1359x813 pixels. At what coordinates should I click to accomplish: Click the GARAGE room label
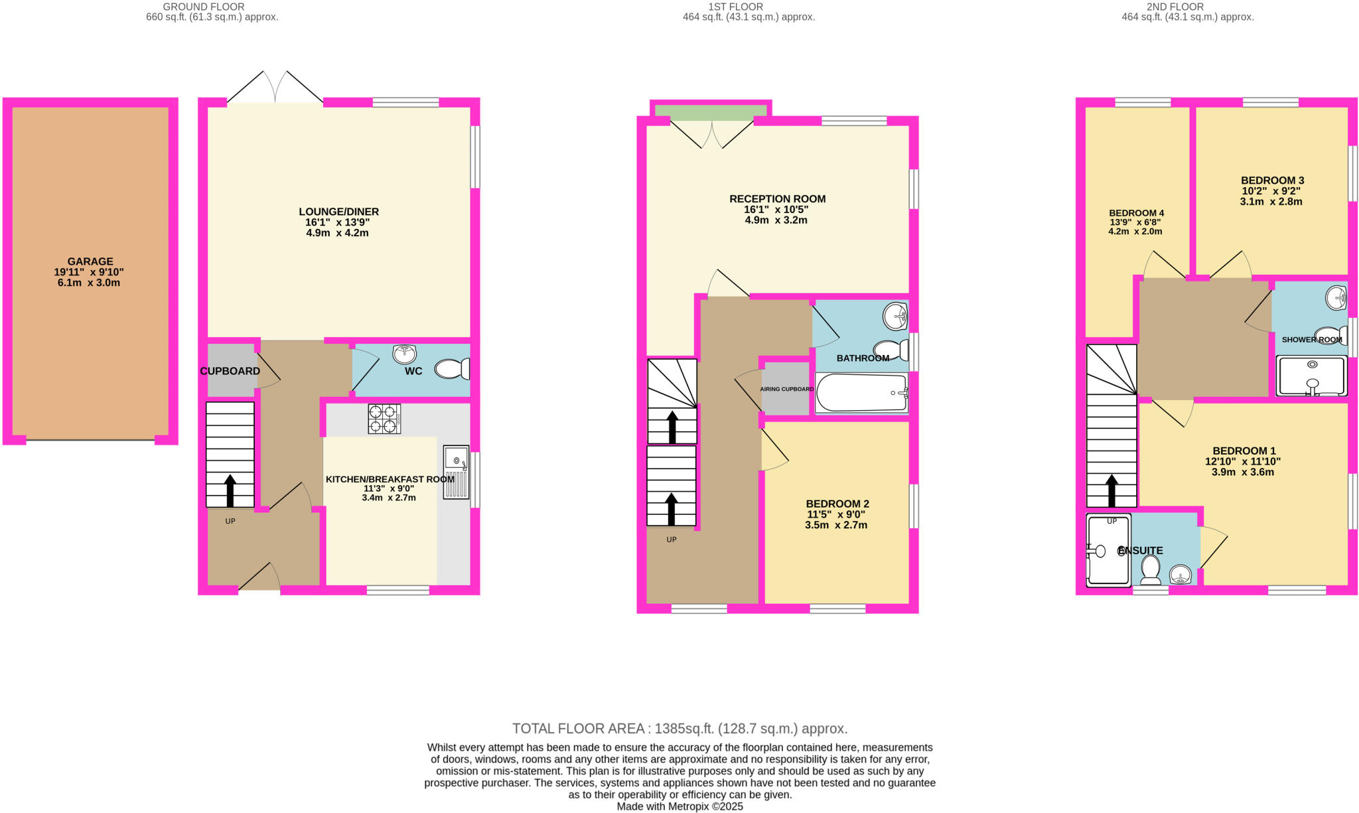90,261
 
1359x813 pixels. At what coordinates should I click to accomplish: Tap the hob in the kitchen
384,419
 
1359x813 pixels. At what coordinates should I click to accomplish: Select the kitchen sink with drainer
456,472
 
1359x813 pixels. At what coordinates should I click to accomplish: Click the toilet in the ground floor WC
453,369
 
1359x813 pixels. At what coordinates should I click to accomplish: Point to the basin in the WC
404,354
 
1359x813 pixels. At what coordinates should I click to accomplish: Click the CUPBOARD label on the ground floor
230,371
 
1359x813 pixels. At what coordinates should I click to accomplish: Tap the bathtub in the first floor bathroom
861,393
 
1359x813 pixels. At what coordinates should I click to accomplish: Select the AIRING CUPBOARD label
786,389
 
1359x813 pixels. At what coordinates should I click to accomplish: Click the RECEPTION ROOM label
777,199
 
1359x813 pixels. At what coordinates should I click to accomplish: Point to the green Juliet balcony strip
711,112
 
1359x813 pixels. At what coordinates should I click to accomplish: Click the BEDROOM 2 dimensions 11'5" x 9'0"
835,514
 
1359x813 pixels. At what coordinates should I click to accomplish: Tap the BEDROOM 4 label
1136,213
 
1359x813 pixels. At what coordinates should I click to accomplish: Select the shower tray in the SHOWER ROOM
1312,376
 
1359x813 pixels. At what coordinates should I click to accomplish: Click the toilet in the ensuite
1150,569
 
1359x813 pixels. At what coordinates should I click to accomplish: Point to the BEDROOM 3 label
1272,181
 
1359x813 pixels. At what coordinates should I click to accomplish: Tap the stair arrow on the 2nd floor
1111,490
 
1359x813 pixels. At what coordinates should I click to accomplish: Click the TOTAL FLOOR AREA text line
679,729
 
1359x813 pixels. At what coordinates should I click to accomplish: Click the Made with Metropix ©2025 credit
679,806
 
